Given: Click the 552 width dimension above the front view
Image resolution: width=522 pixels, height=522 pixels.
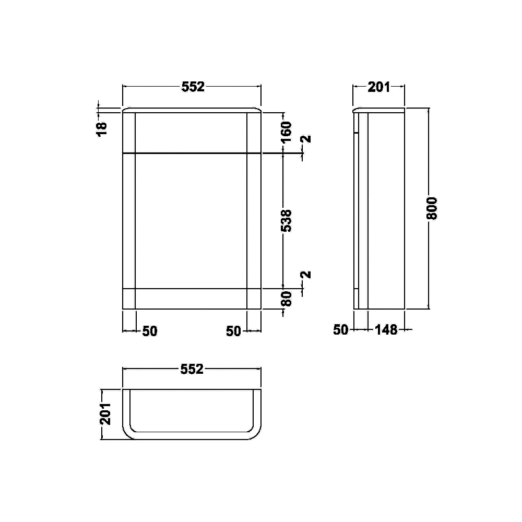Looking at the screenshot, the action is coord(193,87).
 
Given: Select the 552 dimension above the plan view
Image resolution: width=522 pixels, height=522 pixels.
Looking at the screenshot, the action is coord(192,369).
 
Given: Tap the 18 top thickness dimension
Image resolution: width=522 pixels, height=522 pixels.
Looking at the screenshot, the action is coord(102,129).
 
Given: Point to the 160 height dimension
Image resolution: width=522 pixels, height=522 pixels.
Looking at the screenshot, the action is coord(286,132).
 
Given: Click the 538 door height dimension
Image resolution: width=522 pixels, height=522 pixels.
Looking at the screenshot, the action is coord(286,220).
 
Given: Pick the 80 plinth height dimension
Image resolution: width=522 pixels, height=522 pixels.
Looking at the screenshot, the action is coord(286,299).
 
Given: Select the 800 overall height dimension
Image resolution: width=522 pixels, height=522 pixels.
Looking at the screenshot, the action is coord(432,208).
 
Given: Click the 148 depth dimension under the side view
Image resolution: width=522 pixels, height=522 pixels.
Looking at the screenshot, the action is coord(386,329).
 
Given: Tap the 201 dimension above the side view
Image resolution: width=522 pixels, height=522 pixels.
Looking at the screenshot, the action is coord(379,87).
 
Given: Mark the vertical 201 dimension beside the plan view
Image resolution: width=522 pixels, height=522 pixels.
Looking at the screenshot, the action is coord(105,414).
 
